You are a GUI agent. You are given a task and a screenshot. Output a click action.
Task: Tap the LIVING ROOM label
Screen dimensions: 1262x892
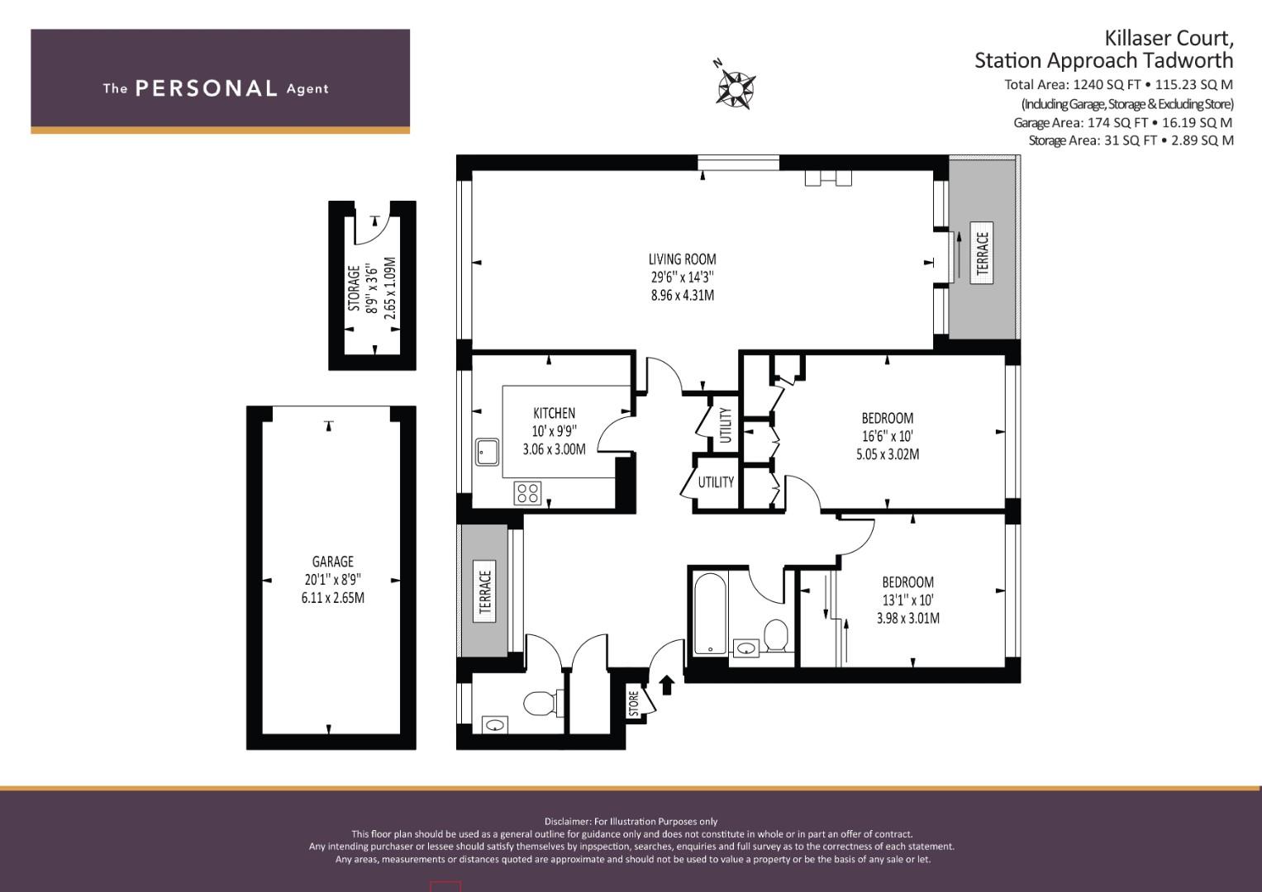tap(683, 259)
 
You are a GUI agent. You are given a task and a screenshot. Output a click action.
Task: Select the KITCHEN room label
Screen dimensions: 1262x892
tap(555, 413)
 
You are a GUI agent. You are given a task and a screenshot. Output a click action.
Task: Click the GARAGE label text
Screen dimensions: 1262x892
tap(333, 562)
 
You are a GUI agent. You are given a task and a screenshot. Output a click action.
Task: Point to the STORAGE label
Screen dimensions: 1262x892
tap(354, 288)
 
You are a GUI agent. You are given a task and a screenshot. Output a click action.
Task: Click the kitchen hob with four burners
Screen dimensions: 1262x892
tap(527, 493)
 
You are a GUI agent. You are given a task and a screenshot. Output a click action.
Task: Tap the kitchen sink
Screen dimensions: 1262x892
tap(487, 453)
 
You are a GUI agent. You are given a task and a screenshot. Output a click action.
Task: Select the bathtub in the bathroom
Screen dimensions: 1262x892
tap(710, 614)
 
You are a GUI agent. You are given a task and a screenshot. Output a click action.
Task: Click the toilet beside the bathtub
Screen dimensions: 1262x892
tap(776, 636)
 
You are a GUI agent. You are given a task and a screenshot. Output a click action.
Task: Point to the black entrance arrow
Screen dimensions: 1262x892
tap(667, 685)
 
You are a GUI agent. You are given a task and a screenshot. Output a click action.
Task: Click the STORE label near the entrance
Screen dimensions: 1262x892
tap(634, 704)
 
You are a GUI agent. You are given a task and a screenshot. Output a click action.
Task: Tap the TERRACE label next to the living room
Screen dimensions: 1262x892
tap(983, 254)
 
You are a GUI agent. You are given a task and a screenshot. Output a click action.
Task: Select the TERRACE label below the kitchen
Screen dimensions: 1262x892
tap(485, 591)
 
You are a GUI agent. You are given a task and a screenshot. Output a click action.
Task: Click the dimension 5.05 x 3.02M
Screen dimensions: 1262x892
tap(888, 454)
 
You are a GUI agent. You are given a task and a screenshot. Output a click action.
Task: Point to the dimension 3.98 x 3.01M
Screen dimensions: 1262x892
tap(907, 618)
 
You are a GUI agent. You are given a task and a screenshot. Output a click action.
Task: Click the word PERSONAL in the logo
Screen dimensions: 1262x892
tap(207, 88)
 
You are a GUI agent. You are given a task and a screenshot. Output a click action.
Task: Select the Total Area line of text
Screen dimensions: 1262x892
tap(1119, 85)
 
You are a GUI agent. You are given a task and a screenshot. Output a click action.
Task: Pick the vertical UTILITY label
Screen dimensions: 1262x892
tap(726, 425)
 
